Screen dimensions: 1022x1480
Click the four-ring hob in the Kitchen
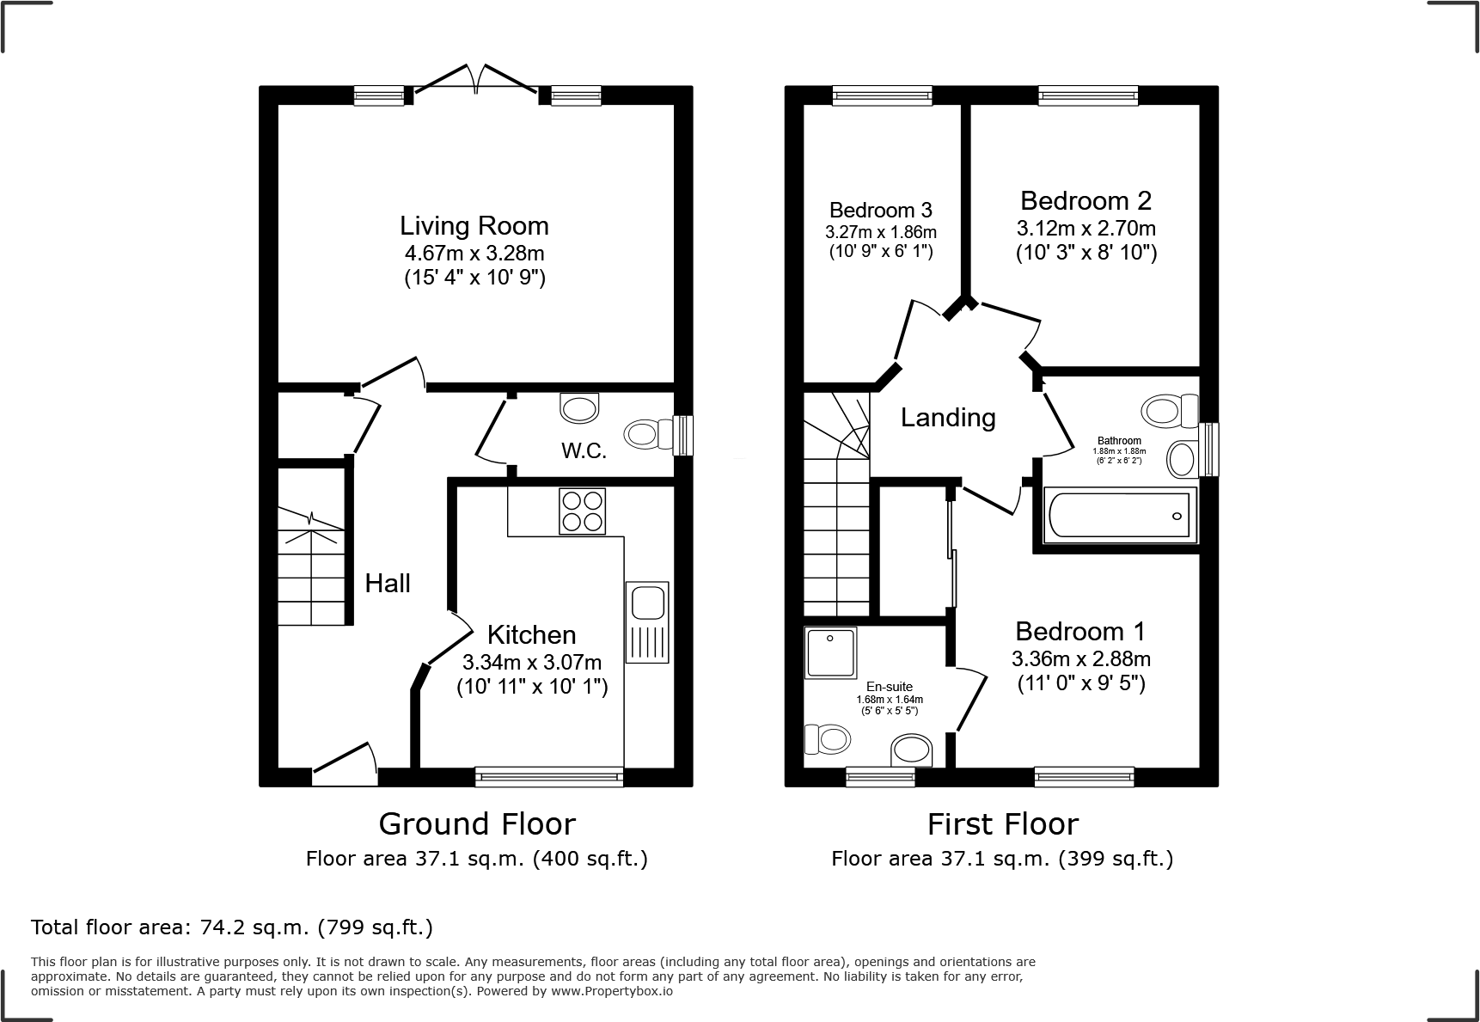[x=582, y=511]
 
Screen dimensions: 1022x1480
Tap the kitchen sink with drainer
[x=647, y=622]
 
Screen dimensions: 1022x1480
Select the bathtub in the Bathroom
[x=1119, y=516]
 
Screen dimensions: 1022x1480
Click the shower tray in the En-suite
[x=830, y=652]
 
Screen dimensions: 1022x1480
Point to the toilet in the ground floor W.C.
[x=651, y=433]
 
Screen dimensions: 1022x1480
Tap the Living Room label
[x=474, y=226]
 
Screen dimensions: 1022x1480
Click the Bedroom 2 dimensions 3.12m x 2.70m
[x=1086, y=229]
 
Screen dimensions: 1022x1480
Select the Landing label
[x=948, y=418]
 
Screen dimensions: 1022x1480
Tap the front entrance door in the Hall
[x=344, y=765]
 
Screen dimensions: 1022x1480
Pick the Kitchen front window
[x=549, y=776]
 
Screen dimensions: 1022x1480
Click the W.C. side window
[x=684, y=436]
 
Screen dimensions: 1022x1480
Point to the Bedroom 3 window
[x=882, y=95]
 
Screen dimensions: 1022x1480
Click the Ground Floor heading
[x=477, y=823]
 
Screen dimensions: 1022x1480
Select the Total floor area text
[x=232, y=927]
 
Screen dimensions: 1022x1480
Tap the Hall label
[x=388, y=584]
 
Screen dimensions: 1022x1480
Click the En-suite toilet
[x=826, y=738]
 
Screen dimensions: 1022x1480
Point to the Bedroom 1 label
[x=1079, y=632]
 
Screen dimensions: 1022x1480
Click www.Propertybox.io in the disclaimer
[x=612, y=991]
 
